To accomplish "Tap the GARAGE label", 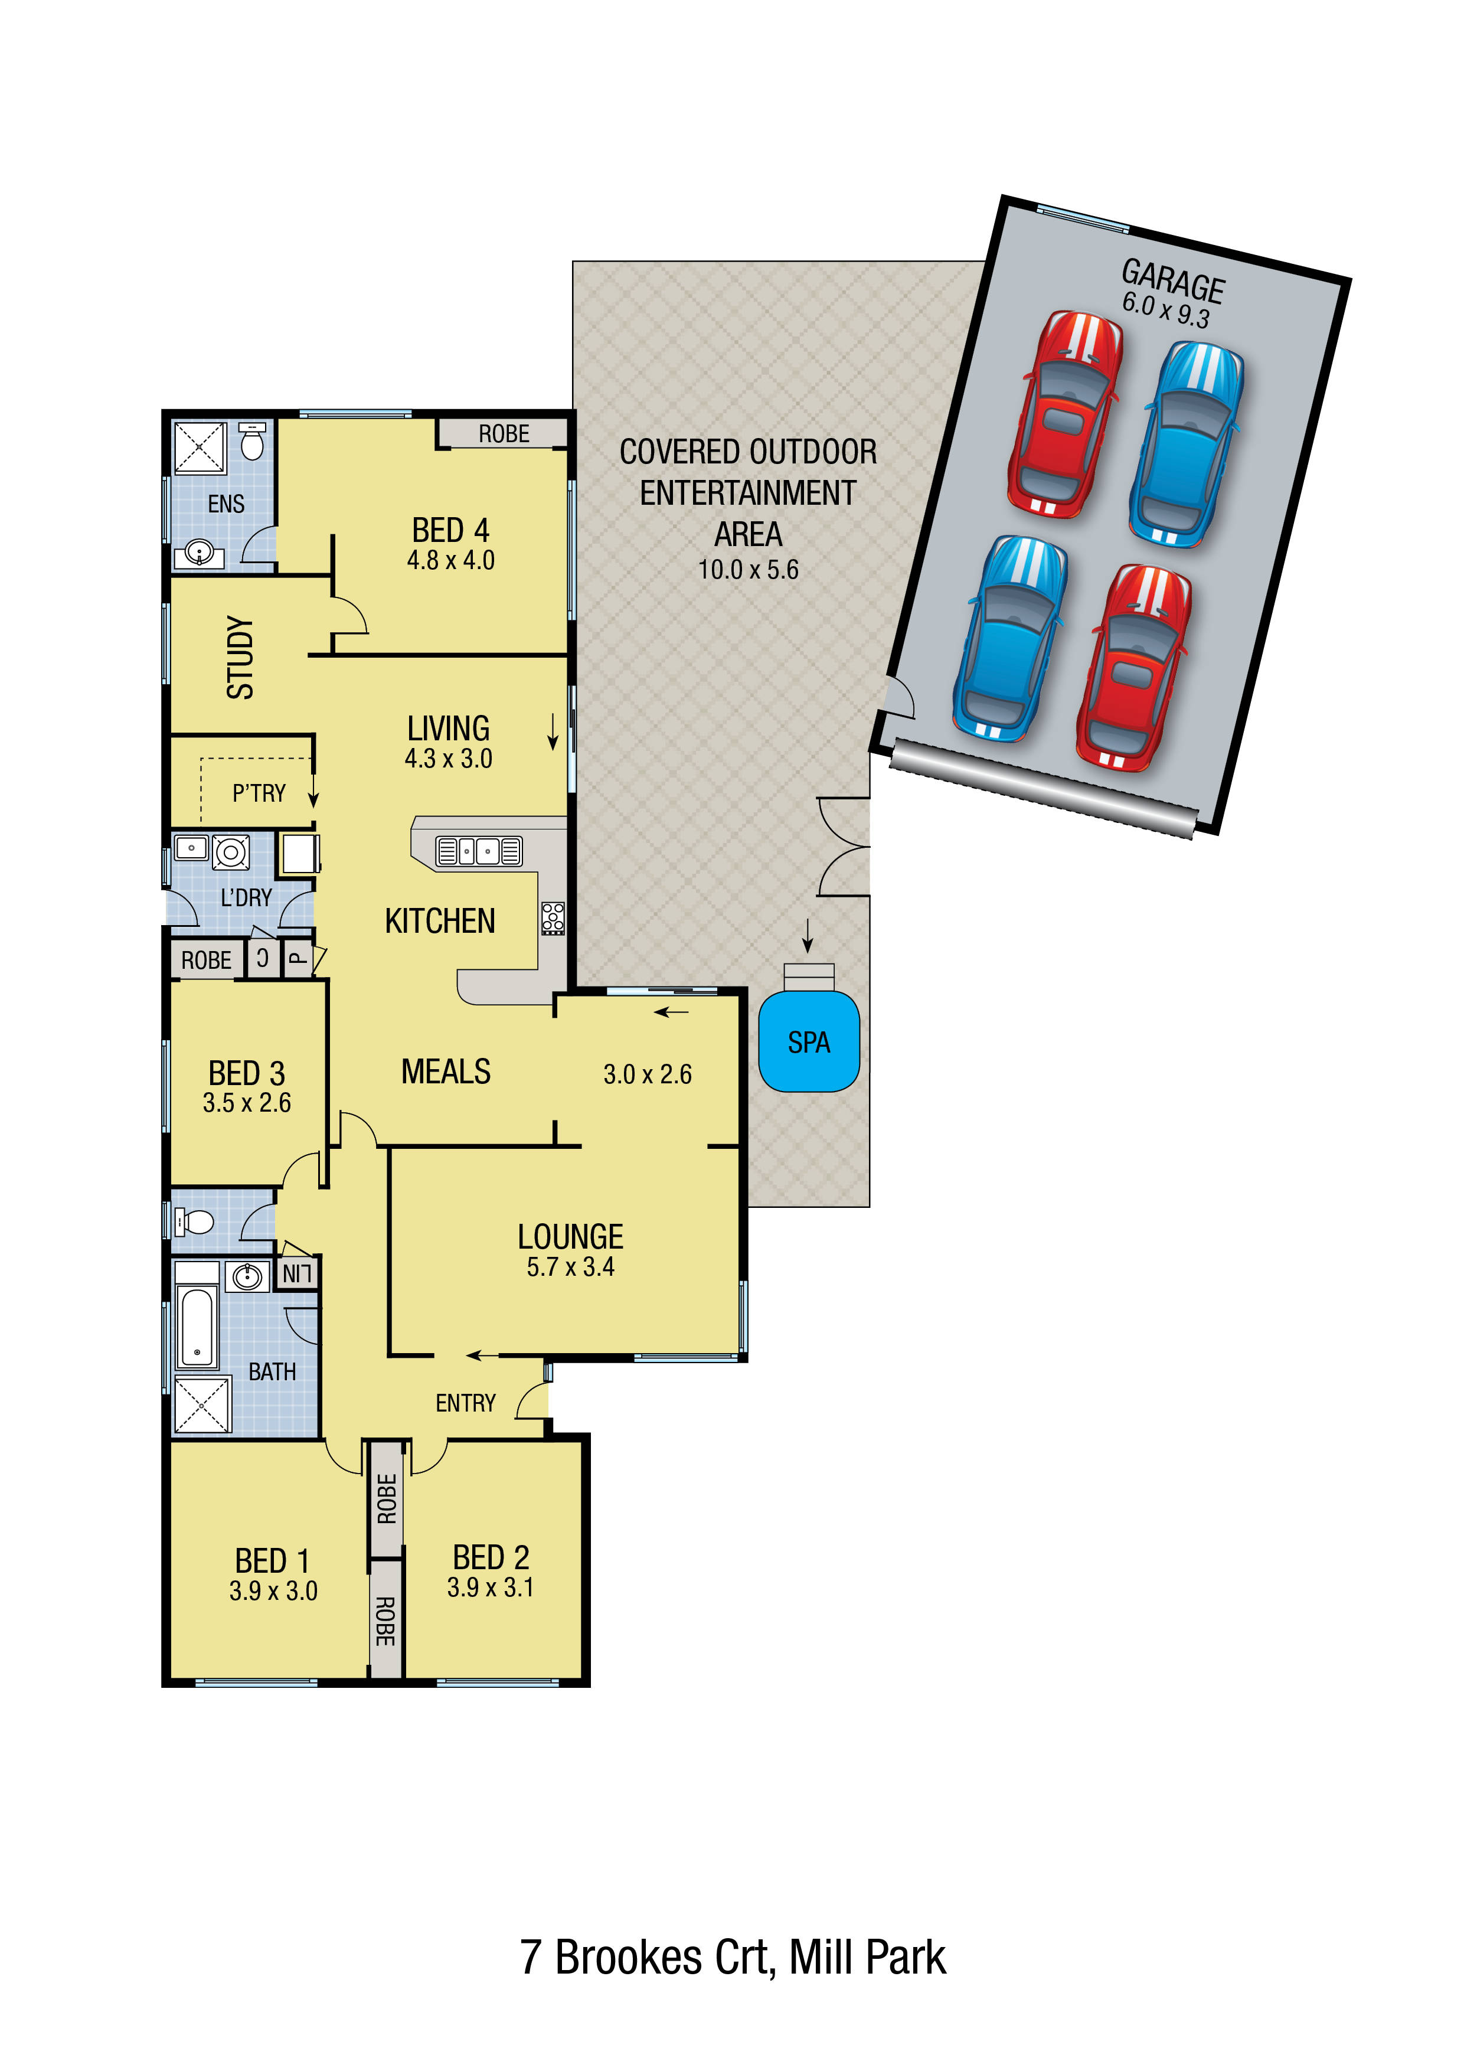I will [x=1172, y=280].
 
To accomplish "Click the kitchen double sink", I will [x=478, y=851].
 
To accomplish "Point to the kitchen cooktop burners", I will [x=553, y=917].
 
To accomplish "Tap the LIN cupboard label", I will [x=296, y=1273].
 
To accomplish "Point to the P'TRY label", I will [x=259, y=793].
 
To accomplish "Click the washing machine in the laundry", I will [x=231, y=851].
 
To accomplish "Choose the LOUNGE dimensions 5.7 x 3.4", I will [x=570, y=1266].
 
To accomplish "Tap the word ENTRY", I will [x=465, y=1403].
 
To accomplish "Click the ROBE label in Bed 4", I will [x=504, y=434].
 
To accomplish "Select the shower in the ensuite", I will [x=200, y=447].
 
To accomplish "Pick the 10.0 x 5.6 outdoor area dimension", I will [x=748, y=569].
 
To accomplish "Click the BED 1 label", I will [x=272, y=1560].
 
